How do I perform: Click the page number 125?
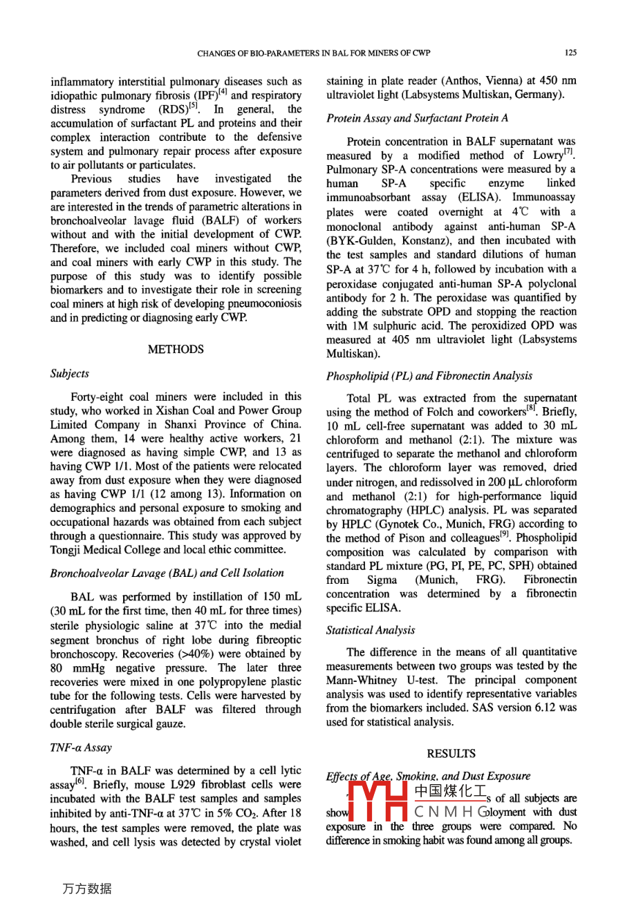(570, 53)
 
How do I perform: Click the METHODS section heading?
(176, 350)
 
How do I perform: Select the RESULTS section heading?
(451, 754)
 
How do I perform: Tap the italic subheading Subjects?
(70, 374)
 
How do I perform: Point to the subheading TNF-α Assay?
(81, 748)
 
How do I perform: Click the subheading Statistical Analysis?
(371, 630)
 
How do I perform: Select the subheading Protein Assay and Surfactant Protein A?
(417, 118)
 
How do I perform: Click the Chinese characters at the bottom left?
(86, 889)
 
